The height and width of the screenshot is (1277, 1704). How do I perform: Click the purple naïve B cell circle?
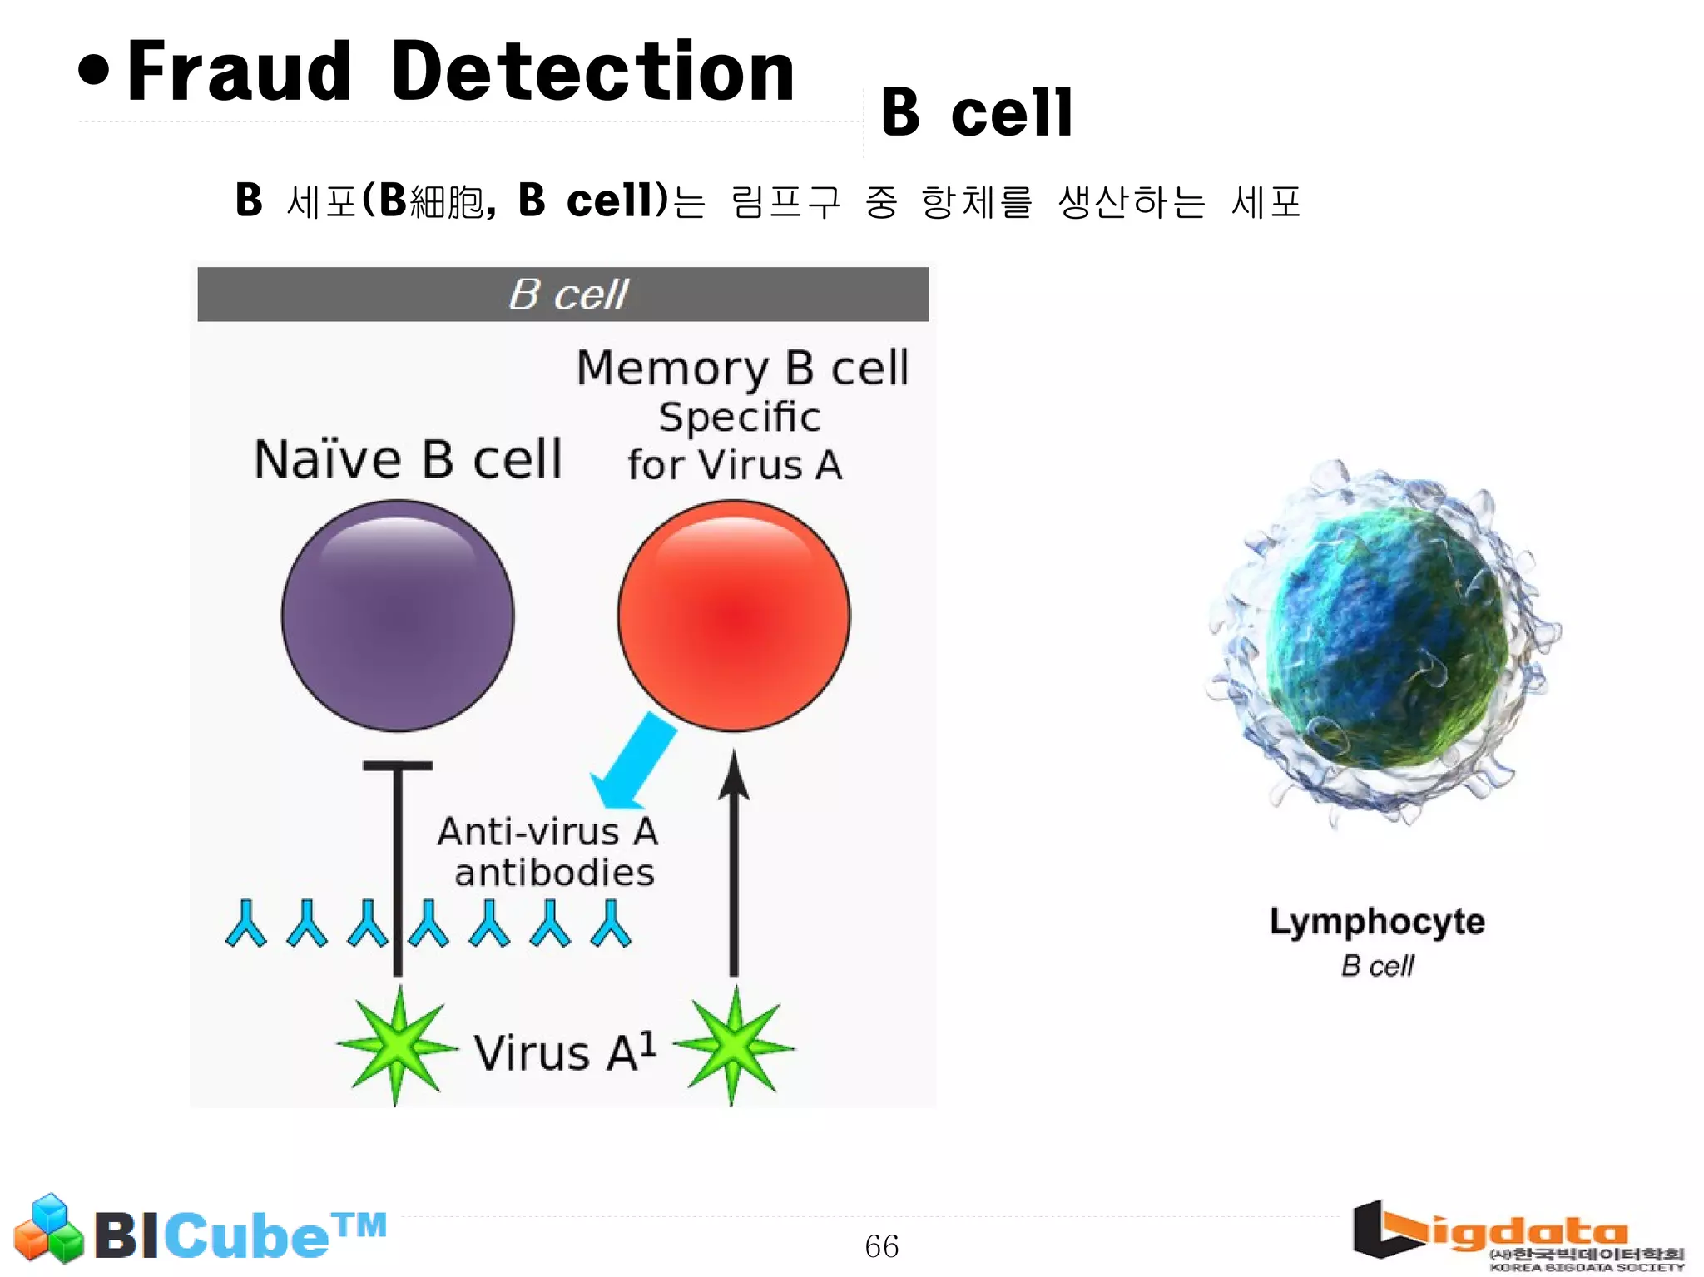tap(398, 616)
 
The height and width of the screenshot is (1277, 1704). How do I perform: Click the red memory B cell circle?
tap(734, 616)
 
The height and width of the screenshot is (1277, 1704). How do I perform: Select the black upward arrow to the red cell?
tap(734, 865)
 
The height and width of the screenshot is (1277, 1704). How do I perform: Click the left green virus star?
tap(398, 1046)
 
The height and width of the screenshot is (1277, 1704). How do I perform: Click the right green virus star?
tap(733, 1046)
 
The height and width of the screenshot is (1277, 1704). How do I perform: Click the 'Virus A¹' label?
tap(564, 1052)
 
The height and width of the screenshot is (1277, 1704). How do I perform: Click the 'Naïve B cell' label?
tap(408, 459)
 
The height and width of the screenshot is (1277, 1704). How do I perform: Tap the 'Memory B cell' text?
tap(742, 368)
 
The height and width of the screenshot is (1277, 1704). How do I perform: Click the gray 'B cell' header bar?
tap(563, 295)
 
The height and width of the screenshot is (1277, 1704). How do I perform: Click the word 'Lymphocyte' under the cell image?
tap(1377, 922)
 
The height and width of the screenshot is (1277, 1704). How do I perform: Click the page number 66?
tap(881, 1246)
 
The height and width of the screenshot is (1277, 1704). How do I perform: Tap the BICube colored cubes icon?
tap(49, 1229)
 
